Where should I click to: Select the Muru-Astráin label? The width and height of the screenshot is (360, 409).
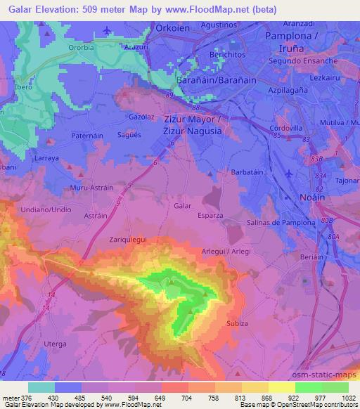(x=91, y=188)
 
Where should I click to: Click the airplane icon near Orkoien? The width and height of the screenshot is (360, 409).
(x=108, y=30)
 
